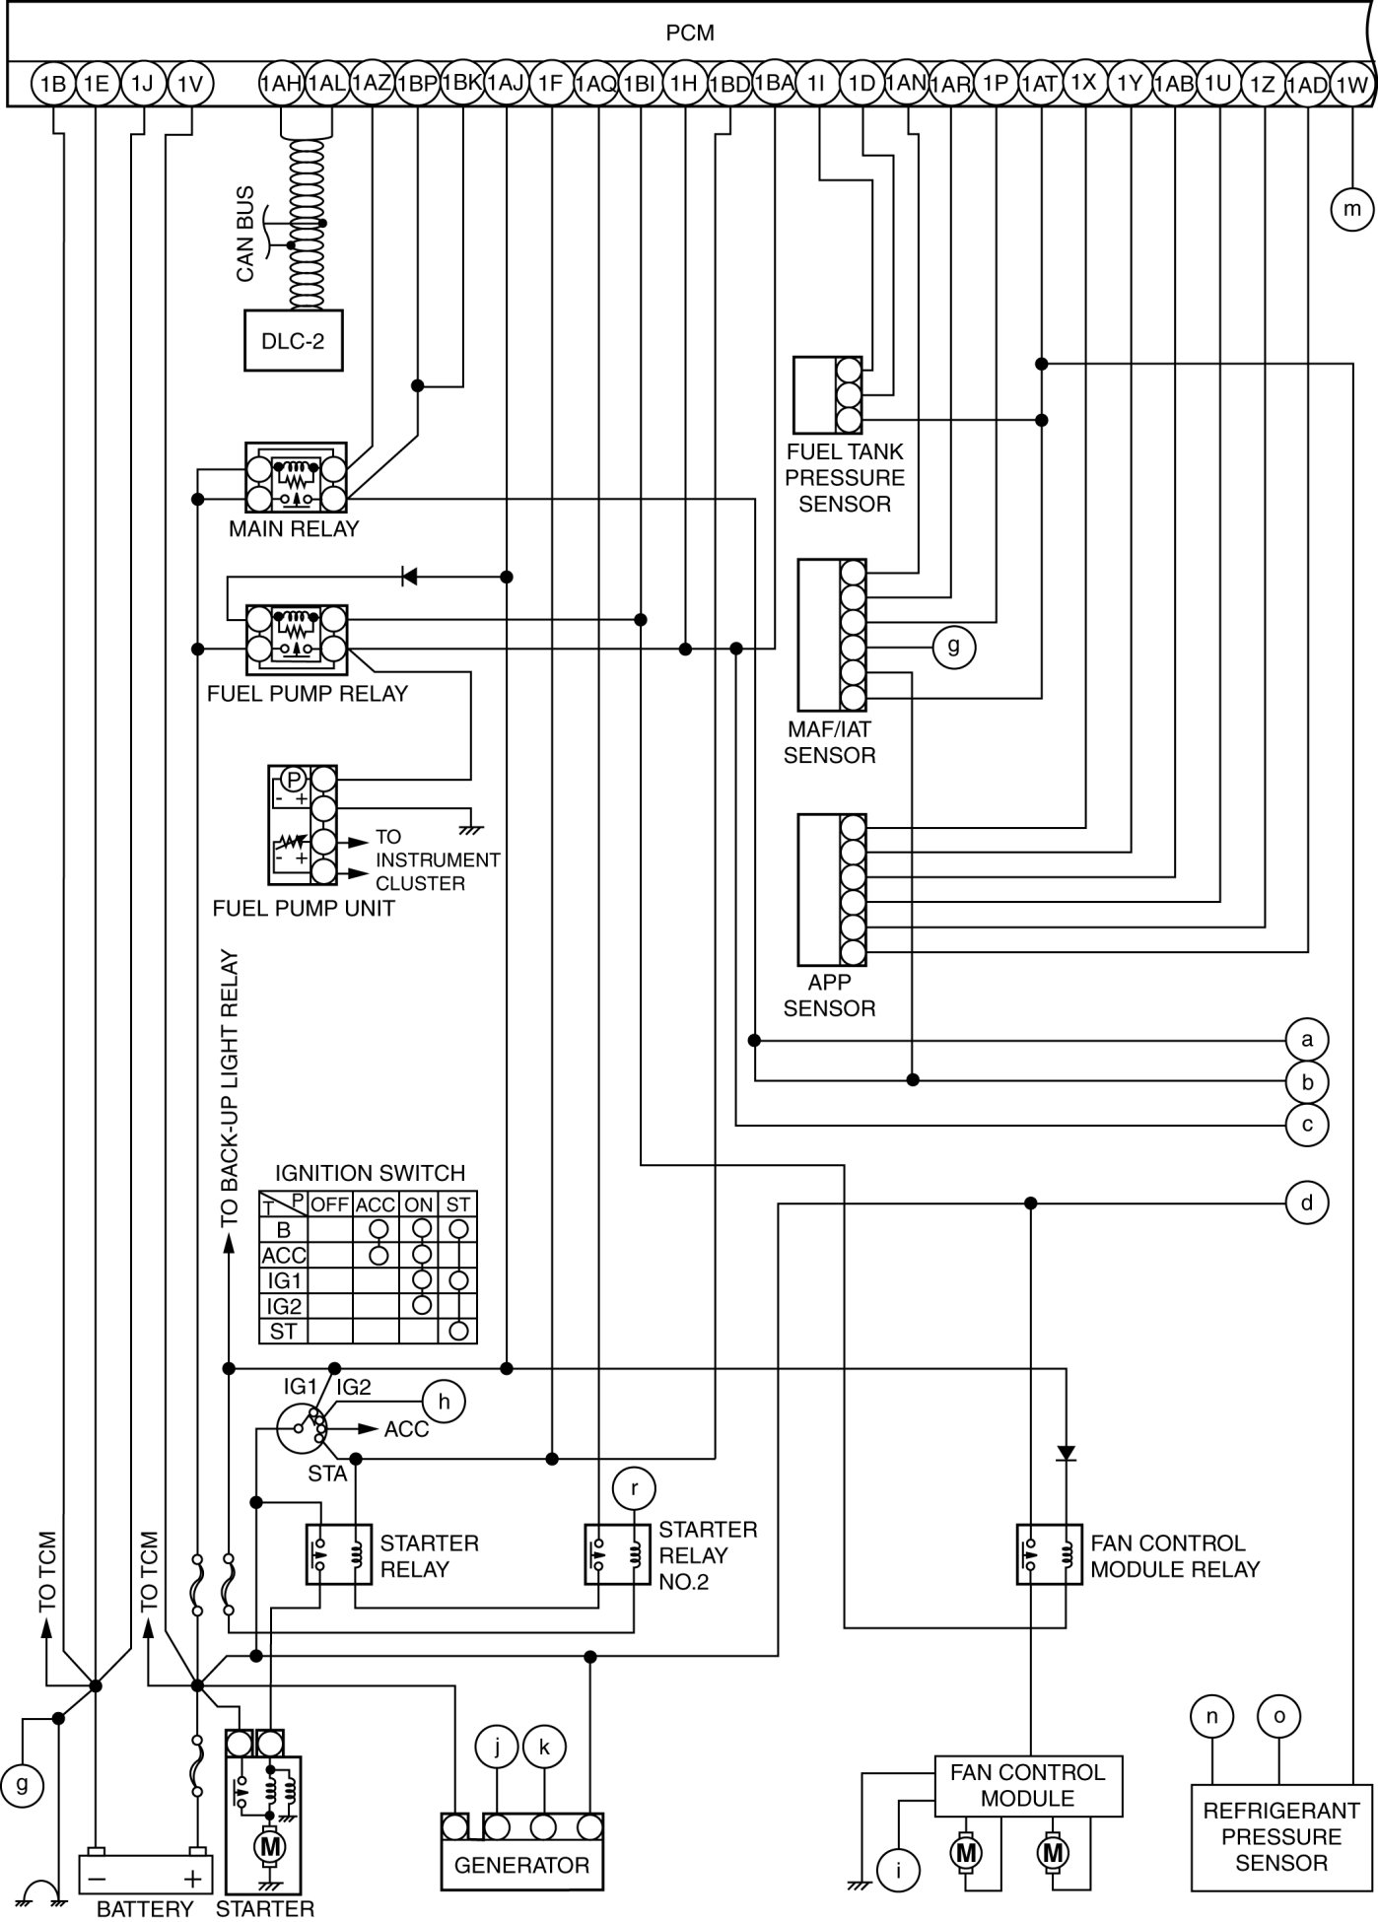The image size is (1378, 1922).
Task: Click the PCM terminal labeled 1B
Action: click(52, 85)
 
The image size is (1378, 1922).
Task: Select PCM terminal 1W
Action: click(1351, 85)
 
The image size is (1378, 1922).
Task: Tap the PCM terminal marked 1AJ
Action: click(506, 84)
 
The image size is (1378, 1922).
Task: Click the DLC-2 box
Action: click(294, 342)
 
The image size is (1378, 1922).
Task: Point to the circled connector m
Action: click(1351, 209)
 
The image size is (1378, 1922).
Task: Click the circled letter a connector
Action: click(1307, 1040)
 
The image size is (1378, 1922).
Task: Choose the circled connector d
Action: click(1307, 1203)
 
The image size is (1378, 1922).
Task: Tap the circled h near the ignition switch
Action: click(445, 1402)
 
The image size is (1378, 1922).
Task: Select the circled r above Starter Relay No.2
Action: click(635, 1488)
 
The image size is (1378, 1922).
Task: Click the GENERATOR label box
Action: click(521, 1865)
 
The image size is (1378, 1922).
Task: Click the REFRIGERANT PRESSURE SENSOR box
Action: click(1281, 1836)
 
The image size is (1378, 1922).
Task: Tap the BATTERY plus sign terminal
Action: click(195, 1877)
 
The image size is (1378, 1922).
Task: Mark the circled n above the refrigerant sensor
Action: click(1211, 1716)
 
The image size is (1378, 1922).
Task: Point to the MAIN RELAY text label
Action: click(294, 529)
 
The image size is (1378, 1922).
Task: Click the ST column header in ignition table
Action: click(458, 1204)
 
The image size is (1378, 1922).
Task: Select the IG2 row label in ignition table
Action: click(284, 1306)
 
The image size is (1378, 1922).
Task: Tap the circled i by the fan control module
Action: click(898, 1870)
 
